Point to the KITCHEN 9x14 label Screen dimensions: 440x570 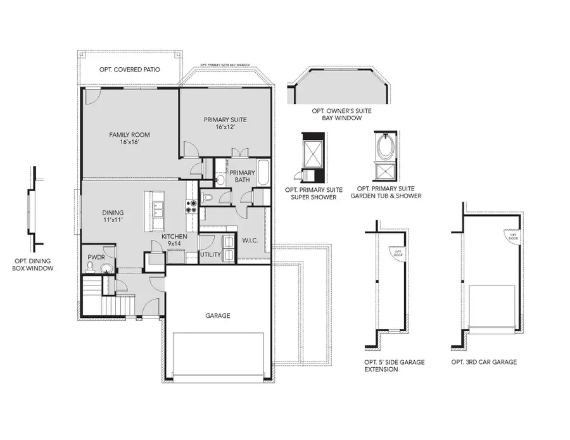click(174, 240)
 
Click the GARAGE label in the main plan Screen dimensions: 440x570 click(217, 315)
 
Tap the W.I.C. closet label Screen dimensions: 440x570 click(249, 241)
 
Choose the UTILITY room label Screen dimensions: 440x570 click(210, 255)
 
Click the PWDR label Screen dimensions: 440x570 click(96, 257)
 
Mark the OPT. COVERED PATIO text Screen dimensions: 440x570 click(129, 70)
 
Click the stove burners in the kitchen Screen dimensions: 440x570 click(189, 206)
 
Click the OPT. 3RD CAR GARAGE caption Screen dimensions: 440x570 click(484, 362)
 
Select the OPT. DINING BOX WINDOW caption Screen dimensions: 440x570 click(33, 264)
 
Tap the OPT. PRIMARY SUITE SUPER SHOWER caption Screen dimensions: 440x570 click(313, 192)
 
